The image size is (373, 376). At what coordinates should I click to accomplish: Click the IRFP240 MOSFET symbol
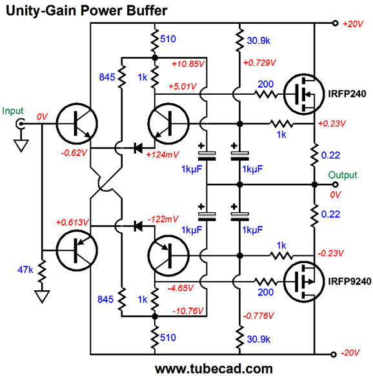click(304, 94)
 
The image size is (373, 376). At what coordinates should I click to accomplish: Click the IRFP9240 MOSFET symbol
click(304, 282)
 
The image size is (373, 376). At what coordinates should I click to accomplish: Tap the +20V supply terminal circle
click(335, 23)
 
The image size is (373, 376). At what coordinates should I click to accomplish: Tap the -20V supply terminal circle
click(334, 354)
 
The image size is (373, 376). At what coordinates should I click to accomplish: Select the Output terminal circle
click(335, 184)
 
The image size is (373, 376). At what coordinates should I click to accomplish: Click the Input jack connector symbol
click(20, 124)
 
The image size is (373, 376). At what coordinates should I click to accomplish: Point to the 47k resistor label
click(25, 270)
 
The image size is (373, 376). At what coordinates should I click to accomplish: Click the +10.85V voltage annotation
click(188, 64)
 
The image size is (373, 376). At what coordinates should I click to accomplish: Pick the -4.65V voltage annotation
click(181, 288)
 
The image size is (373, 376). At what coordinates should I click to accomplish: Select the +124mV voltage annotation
click(163, 155)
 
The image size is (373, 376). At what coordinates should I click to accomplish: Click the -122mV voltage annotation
click(163, 219)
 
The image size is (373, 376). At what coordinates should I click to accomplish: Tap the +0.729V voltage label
click(259, 63)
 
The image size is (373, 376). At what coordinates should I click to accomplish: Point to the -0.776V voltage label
click(258, 316)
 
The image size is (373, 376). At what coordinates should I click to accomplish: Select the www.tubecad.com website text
click(214, 368)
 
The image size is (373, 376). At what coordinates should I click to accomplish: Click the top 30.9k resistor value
click(259, 41)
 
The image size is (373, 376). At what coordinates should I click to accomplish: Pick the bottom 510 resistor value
click(168, 338)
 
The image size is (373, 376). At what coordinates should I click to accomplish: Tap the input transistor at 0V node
click(77, 124)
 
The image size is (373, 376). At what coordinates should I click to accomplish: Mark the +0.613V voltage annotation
click(72, 223)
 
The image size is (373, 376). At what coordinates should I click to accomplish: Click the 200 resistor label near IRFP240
click(265, 84)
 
